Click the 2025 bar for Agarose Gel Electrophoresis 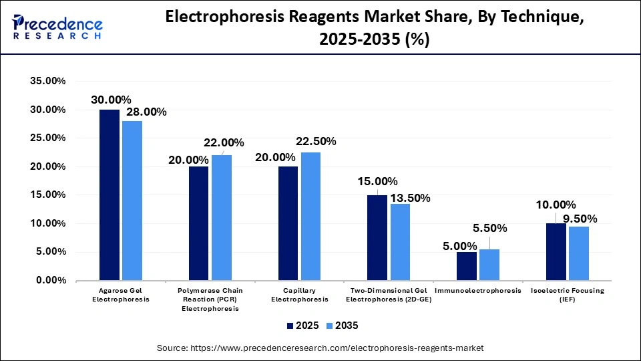point(110,195)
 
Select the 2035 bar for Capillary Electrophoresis point(310,216)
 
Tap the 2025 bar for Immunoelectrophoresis point(467,266)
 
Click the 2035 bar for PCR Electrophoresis point(222,217)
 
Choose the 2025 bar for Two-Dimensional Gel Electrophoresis point(377,237)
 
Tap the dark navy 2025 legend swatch point(290,326)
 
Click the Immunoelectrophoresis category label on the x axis point(477,291)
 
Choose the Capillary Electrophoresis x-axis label point(300,295)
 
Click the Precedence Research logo point(56,27)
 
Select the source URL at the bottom point(320,348)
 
